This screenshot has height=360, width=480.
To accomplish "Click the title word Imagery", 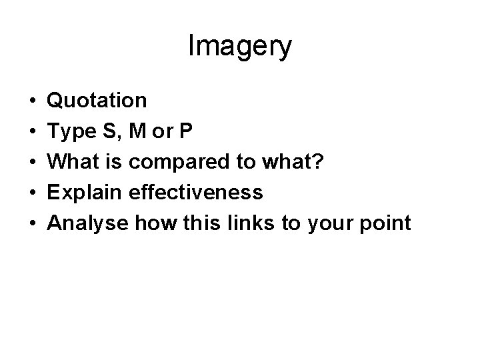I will pyautogui.click(x=240, y=47).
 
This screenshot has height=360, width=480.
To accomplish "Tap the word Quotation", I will pyautogui.click(x=98, y=101).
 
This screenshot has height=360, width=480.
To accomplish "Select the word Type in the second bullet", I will pyautogui.click(x=71, y=131).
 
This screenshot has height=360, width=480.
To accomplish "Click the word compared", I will pyautogui.click(x=189, y=163).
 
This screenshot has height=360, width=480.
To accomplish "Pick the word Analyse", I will pyautogui.click(x=89, y=224).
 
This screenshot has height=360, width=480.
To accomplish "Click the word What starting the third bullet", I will pyautogui.click(x=75, y=162).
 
